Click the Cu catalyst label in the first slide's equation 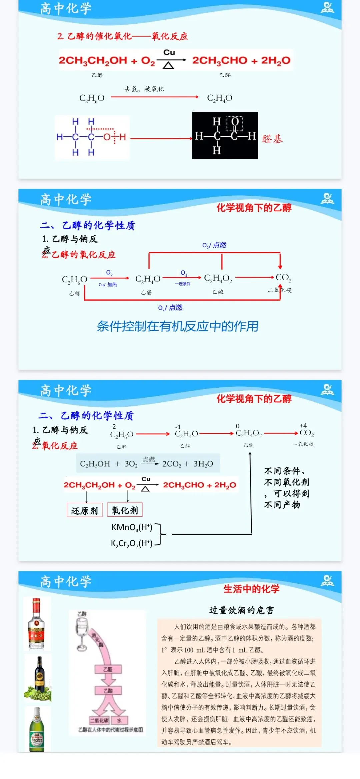coord(169,52)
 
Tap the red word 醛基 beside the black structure coord(272,139)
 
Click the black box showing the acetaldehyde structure coord(225,135)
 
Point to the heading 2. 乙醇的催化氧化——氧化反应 coord(122,36)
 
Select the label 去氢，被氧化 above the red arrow coord(144,89)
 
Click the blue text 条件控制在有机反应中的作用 coord(178,326)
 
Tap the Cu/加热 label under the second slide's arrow coord(108,285)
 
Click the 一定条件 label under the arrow coord(182,284)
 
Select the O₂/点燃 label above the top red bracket coord(214,245)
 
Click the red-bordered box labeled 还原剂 coord(84,510)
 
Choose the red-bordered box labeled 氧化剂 coord(125,510)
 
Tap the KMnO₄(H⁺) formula coord(132,527)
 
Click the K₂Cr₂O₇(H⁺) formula coord(132,543)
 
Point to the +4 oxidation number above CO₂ coord(303,426)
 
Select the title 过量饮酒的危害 coord(241,610)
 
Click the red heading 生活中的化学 coord(251,589)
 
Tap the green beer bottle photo coord(37,730)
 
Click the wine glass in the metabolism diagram coord(82,630)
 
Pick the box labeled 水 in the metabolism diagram coord(119,720)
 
